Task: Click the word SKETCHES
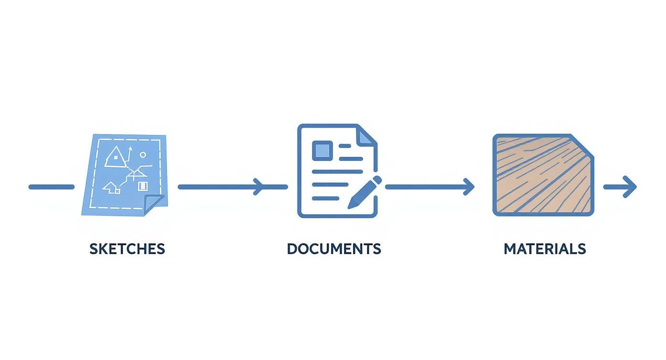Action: tap(127, 249)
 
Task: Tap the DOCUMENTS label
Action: tap(334, 249)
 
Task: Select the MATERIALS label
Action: tap(544, 249)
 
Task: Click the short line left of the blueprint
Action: tap(52, 187)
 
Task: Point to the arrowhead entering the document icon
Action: tap(258, 187)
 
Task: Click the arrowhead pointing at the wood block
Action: tap(469, 187)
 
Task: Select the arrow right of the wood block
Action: tap(620, 187)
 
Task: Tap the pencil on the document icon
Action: tap(365, 192)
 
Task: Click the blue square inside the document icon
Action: tap(322, 150)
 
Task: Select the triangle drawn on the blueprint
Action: tap(115, 157)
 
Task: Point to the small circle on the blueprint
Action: tap(143, 155)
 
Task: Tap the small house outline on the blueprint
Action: tap(111, 188)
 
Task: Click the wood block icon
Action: tap(543, 175)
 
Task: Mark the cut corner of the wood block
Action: tap(582, 146)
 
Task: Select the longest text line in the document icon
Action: tap(337, 171)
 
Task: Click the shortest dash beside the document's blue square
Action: tap(345, 146)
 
